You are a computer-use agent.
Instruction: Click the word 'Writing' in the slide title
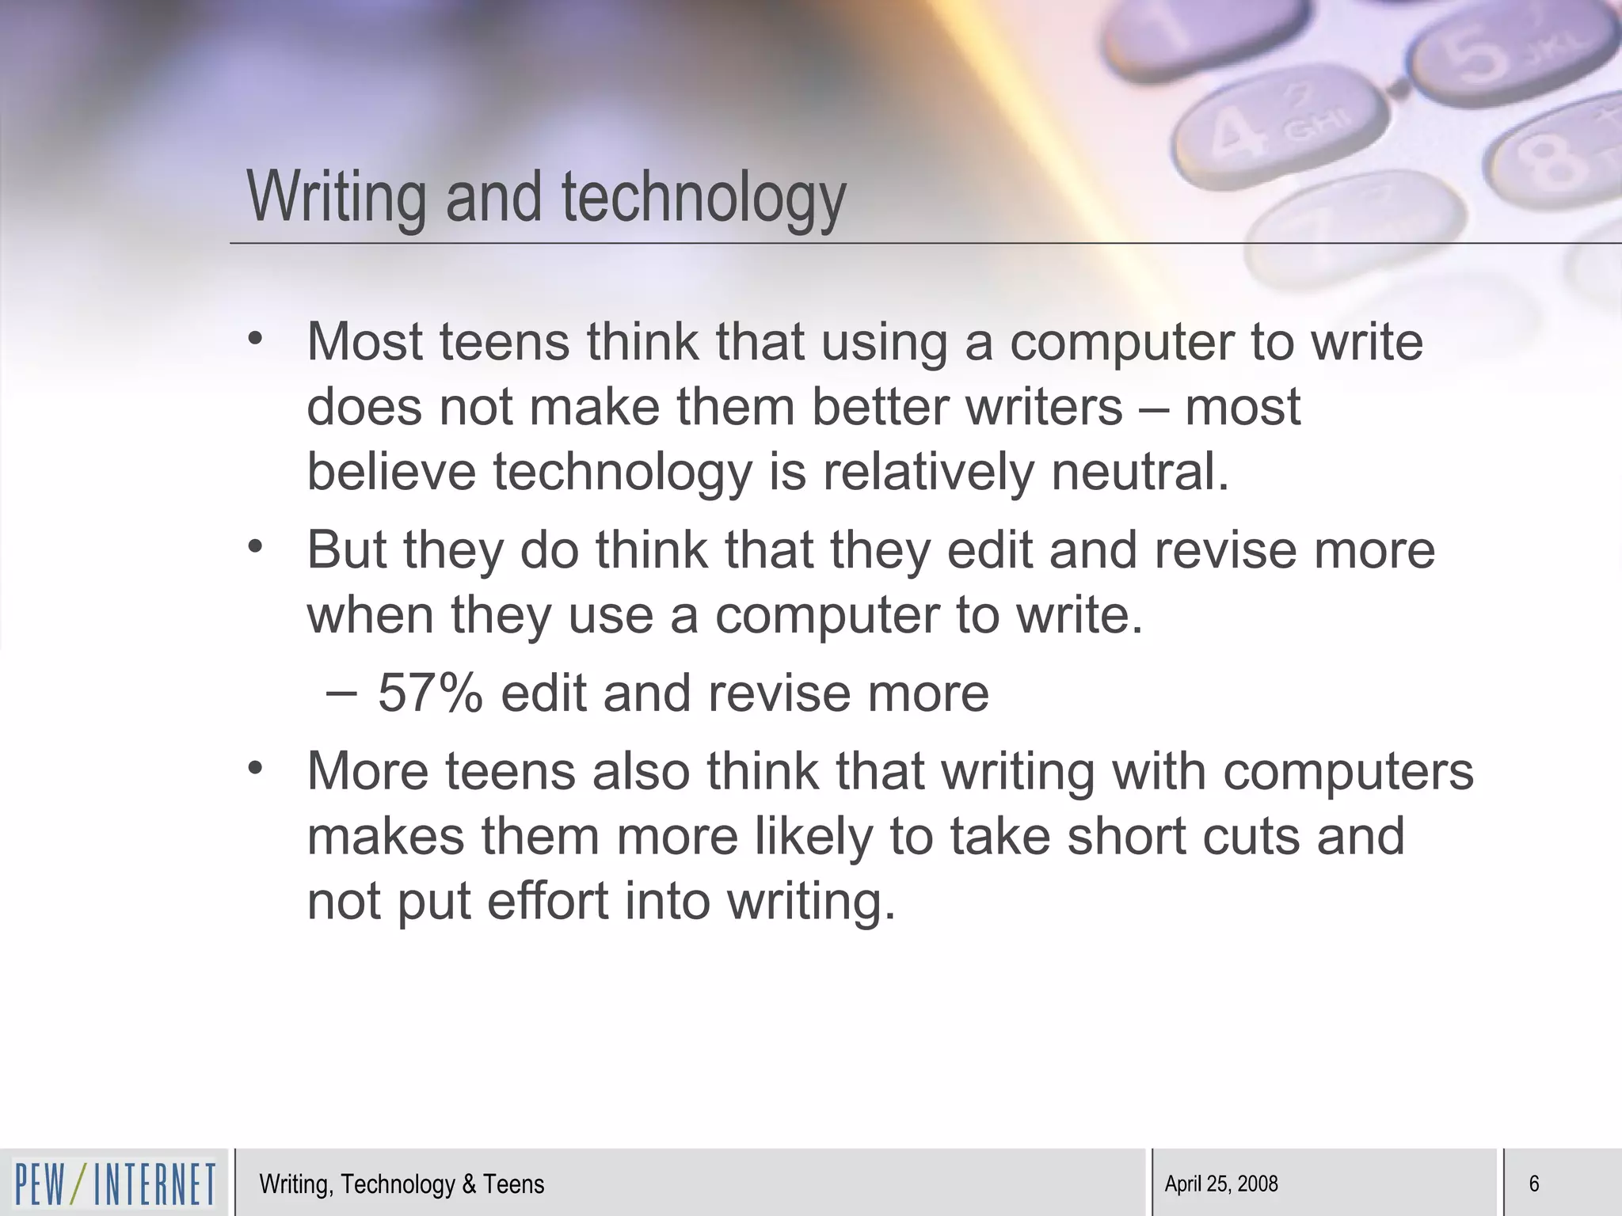pos(337,197)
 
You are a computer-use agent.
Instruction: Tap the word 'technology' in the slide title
pos(704,197)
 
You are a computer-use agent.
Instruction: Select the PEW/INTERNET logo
pos(115,1184)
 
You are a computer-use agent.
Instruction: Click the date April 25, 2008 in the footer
pos(1221,1184)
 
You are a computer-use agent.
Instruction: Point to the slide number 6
pos(1533,1184)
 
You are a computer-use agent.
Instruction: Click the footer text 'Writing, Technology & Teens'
pos(402,1184)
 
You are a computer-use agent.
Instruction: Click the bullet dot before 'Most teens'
pos(254,340)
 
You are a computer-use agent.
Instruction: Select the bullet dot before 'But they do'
pos(254,547)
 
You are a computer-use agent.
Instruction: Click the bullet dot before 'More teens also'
pos(254,769)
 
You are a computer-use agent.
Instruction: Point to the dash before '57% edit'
pos(341,692)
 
